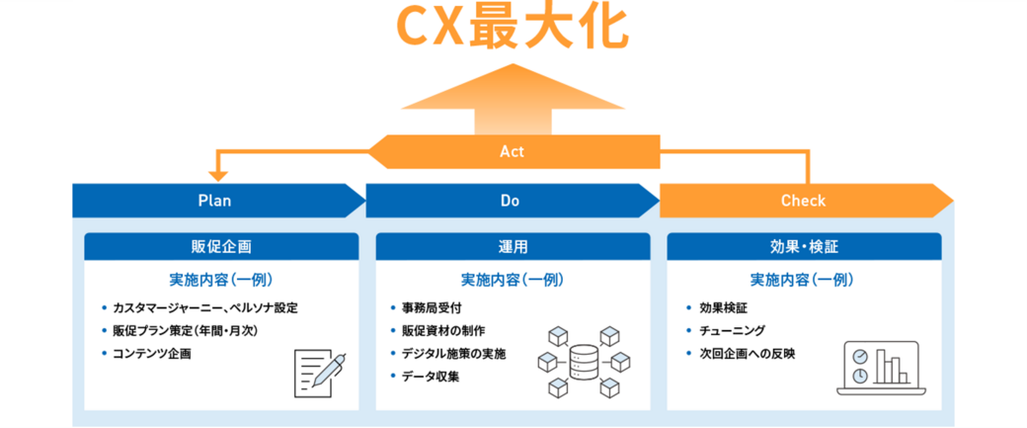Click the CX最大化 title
pyautogui.click(x=511, y=27)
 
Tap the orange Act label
pyautogui.click(x=512, y=152)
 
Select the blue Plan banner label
pyautogui.click(x=214, y=201)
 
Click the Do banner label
pyautogui.click(x=510, y=201)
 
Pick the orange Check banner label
pyautogui.click(x=803, y=201)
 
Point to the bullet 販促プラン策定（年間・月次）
pyautogui.click(x=185, y=330)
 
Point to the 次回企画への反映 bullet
pyautogui.click(x=747, y=353)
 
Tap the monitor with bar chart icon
pyautogui.click(x=879, y=366)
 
